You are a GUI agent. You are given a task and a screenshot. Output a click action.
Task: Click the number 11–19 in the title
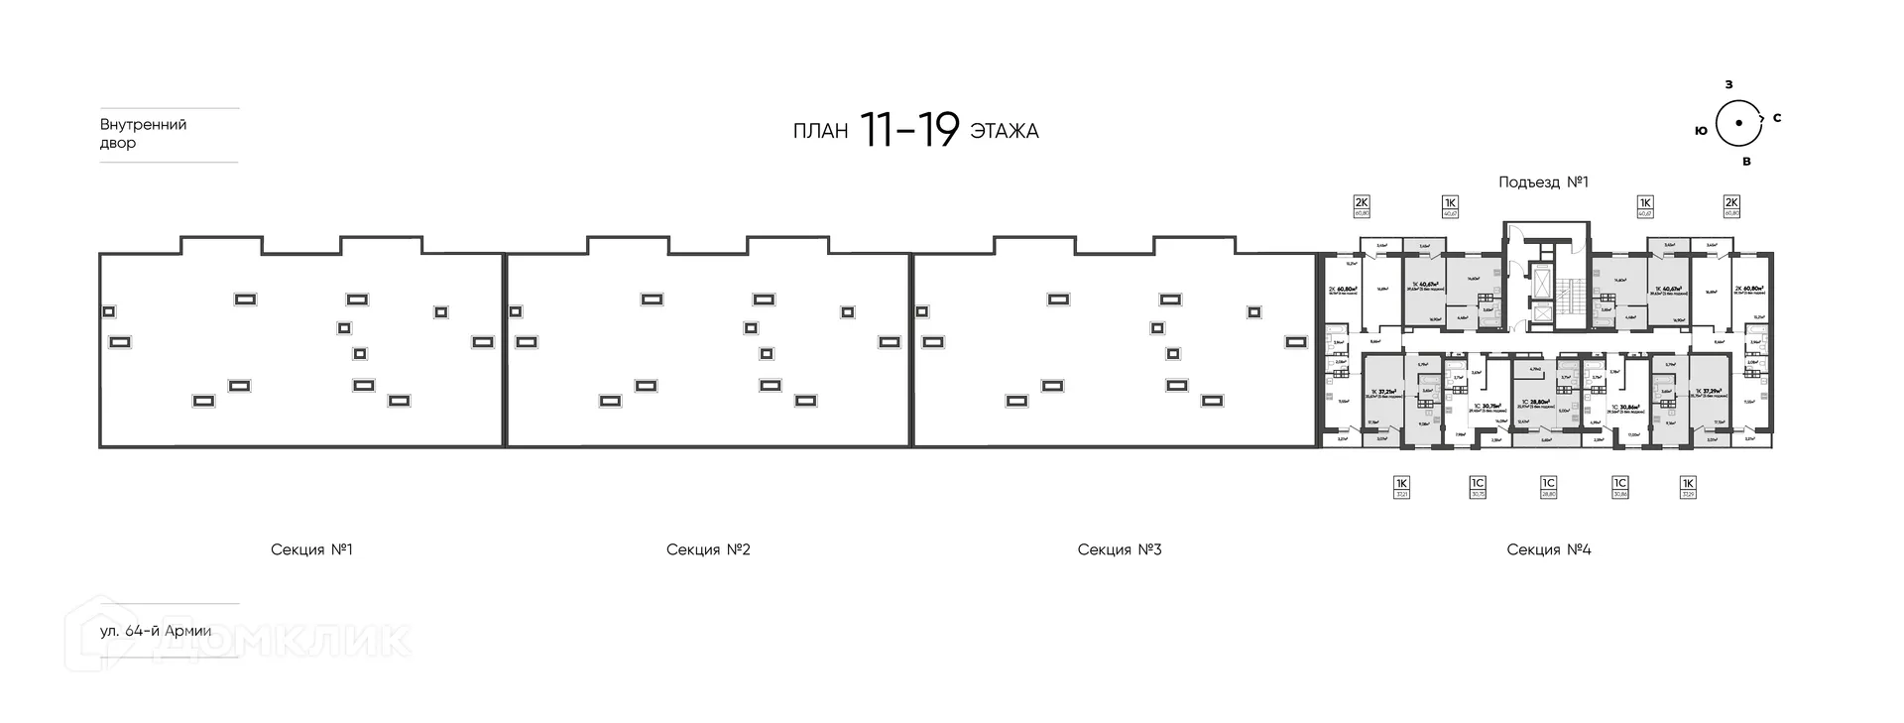coord(909,130)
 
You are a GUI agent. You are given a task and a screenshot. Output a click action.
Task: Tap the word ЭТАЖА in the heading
coord(1005,131)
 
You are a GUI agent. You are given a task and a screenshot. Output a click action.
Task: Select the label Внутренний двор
coord(144,134)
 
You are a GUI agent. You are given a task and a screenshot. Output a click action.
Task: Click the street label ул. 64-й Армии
coord(156,631)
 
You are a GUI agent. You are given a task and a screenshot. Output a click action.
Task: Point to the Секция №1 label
coord(311,549)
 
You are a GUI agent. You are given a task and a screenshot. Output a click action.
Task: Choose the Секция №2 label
coord(708,549)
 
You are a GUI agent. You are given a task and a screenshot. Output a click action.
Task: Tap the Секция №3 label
coord(1119,549)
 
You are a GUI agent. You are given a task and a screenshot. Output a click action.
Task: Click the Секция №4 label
coord(1548,549)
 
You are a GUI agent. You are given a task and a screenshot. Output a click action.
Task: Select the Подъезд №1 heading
coord(1543,182)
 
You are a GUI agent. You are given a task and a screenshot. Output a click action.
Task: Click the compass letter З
coord(1728,84)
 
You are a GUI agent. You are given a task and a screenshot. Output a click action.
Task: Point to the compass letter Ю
coord(1701,130)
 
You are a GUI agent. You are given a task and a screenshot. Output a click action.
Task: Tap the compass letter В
coord(1746,161)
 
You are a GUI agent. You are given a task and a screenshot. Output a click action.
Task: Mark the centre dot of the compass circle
coord(1737,123)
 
